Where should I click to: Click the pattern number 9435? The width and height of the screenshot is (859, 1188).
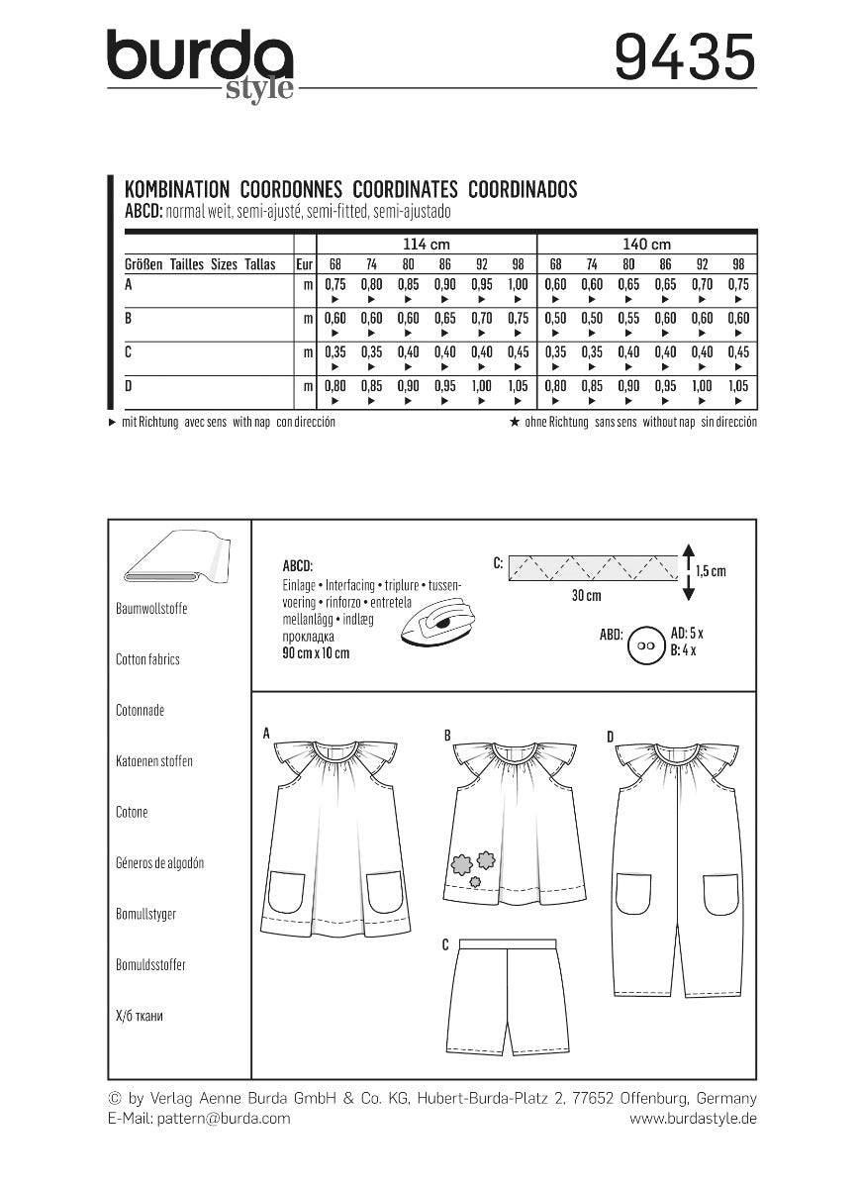684,56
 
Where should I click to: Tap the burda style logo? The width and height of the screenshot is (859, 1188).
201,62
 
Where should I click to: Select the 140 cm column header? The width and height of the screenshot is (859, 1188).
647,244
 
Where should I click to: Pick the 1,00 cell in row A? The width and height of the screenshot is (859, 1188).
518,283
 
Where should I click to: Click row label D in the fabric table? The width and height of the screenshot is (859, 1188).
128,386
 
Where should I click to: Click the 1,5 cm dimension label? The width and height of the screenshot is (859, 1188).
710,571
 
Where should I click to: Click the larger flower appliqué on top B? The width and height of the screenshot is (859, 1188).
460,864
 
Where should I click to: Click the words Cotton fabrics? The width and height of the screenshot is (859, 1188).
147,659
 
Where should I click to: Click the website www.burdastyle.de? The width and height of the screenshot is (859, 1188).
693,1118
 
